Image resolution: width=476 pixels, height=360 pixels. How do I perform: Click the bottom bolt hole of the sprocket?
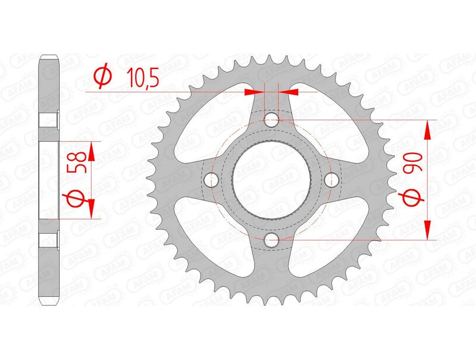point(272,240)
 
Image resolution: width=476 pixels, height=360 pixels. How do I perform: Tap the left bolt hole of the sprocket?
point(211,180)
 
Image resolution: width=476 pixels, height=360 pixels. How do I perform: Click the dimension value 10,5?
point(142,77)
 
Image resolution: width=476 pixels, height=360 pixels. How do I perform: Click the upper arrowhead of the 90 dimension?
point(427,126)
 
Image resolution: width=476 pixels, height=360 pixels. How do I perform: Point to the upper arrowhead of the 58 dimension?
point(92,148)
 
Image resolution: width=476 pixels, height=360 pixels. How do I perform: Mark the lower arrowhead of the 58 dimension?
point(92,211)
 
